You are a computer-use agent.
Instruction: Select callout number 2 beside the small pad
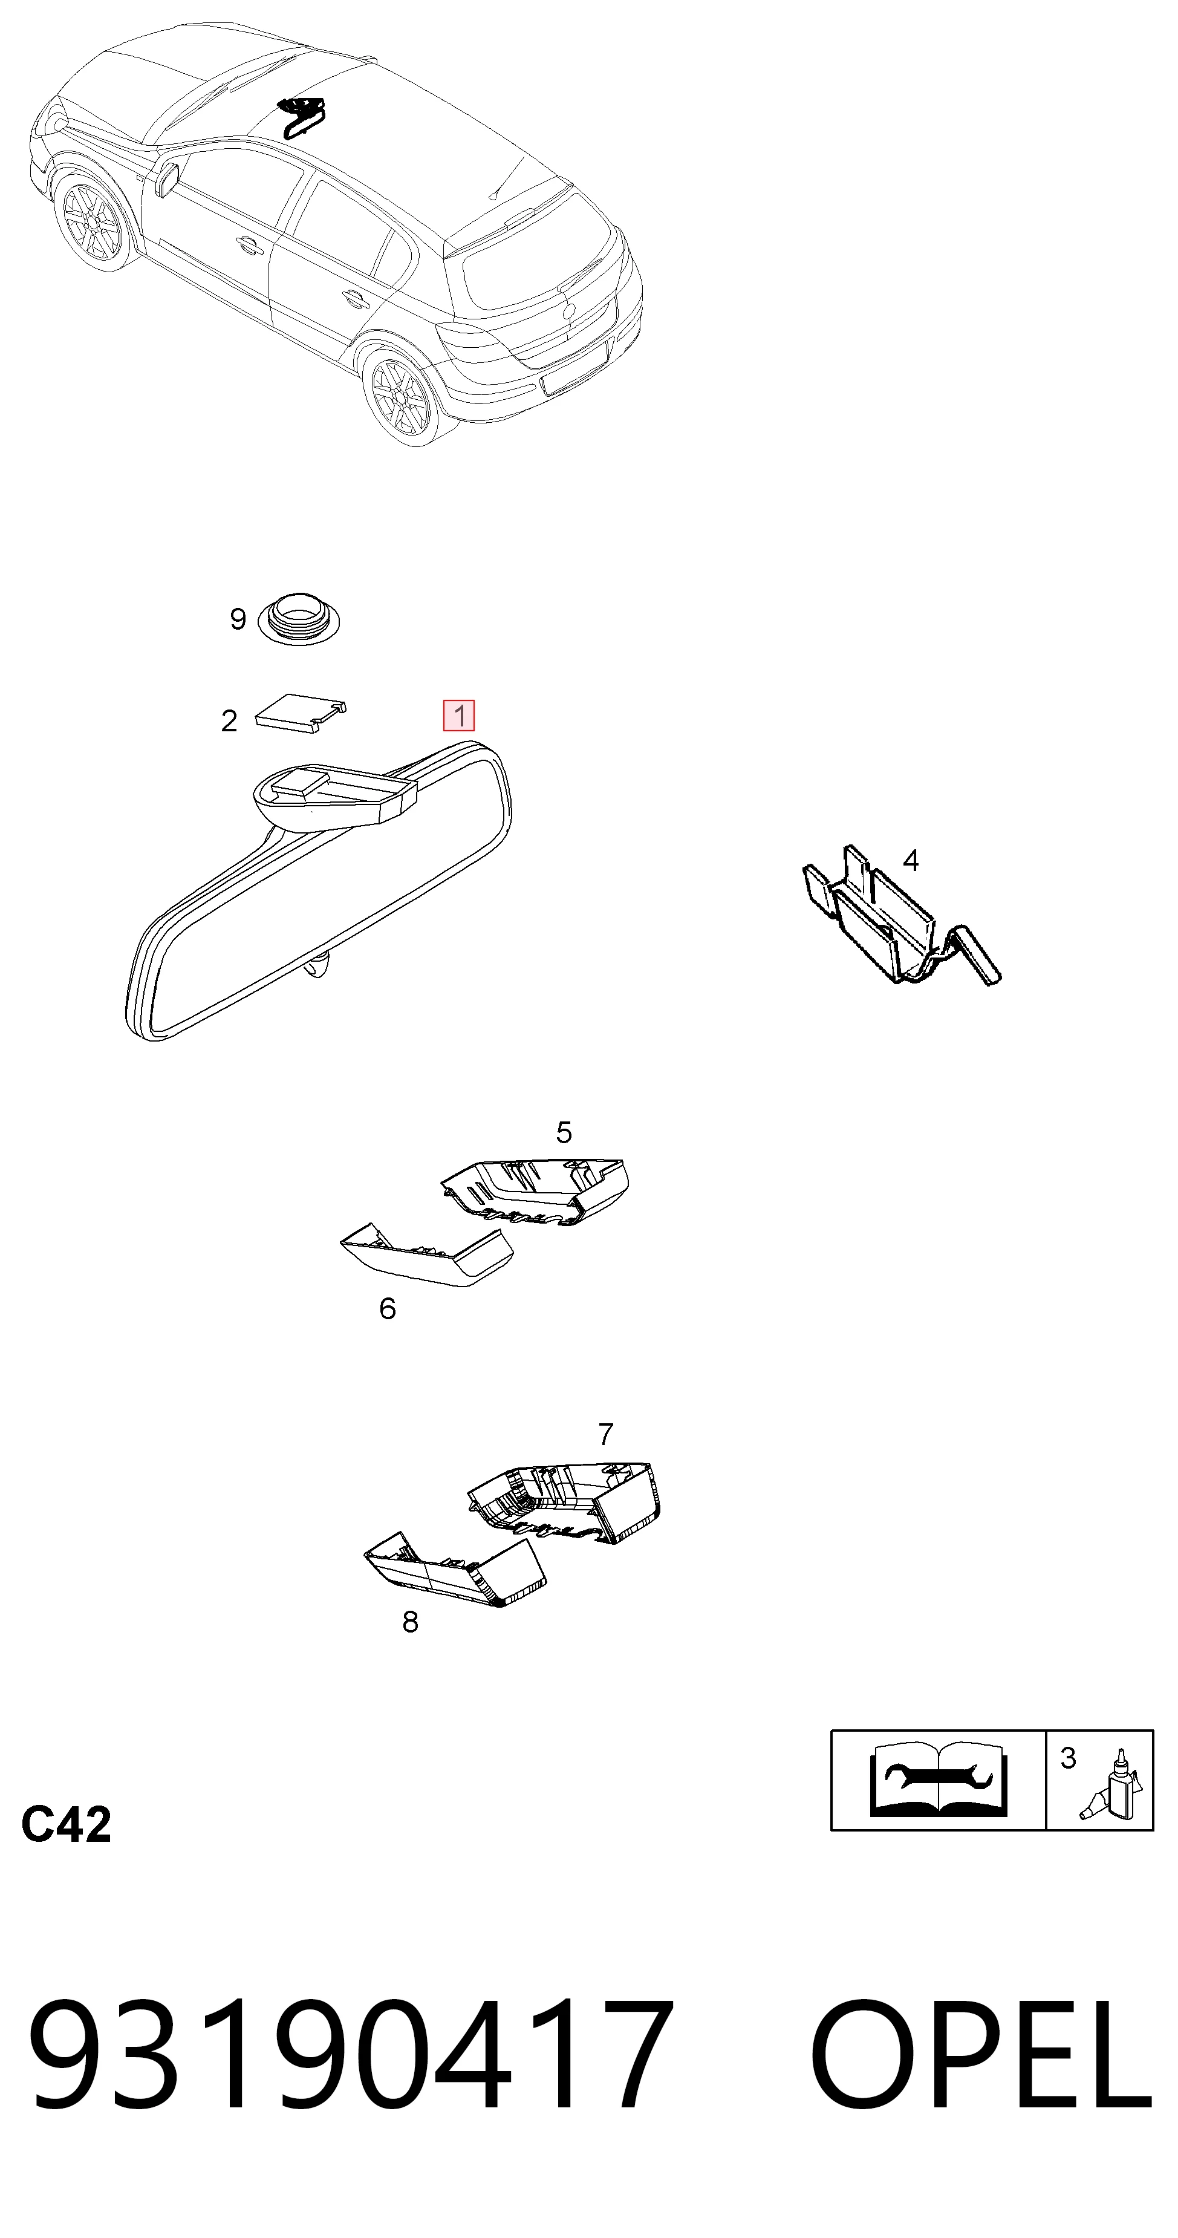[229, 721]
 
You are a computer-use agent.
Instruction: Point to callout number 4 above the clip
[911, 860]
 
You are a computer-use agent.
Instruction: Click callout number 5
[564, 1132]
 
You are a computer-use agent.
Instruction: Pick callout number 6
[388, 1308]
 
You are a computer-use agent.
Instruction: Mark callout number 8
[410, 1621]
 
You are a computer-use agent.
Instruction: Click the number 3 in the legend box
[1069, 1758]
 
